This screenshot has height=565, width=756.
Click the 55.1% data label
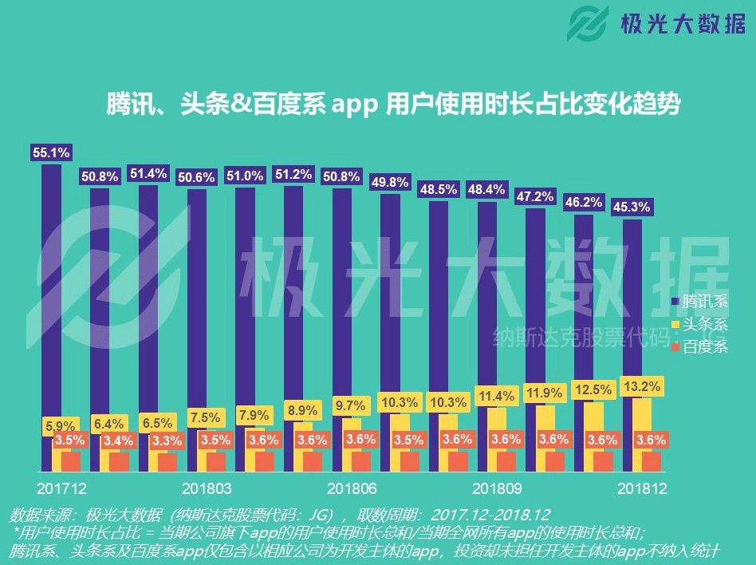pyautogui.click(x=52, y=152)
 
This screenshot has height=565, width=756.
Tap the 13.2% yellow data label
pyautogui.click(x=640, y=387)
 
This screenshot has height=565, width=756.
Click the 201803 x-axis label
pyautogui.click(x=207, y=488)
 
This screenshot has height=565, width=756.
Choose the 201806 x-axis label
pyautogui.click(x=352, y=488)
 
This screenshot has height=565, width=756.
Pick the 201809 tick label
pyautogui.click(x=497, y=488)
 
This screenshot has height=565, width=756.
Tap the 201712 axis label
pyautogui.click(x=61, y=488)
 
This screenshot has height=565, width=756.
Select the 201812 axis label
pyautogui.click(x=642, y=488)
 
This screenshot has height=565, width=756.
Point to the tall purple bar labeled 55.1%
pyautogui.click(x=51, y=319)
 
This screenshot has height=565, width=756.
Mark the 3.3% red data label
pyautogui.click(x=167, y=440)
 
